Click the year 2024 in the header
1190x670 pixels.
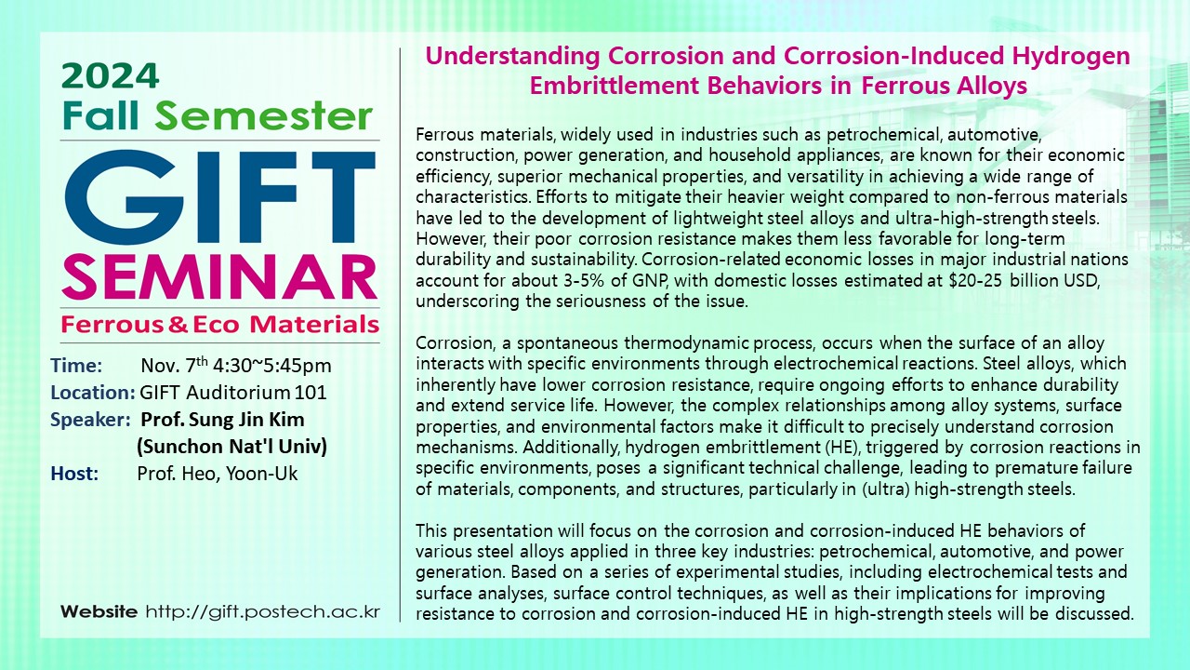pyautogui.click(x=111, y=76)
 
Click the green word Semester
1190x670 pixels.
pyautogui.click(x=263, y=116)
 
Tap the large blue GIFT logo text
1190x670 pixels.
pyautogui.click(x=220, y=197)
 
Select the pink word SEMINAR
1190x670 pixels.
pyautogui.click(x=219, y=277)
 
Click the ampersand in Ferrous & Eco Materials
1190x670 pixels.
pyautogui.click(x=178, y=325)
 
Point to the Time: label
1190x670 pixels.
pyautogui.click(x=76, y=366)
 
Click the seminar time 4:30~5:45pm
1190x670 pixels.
pyautogui.click(x=272, y=366)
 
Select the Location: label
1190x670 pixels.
pyautogui.click(x=93, y=393)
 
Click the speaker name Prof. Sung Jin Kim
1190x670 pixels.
pyautogui.click(x=222, y=420)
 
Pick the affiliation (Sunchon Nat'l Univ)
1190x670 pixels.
pyautogui.click(x=231, y=446)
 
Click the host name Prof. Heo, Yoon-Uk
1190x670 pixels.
pyautogui.click(x=218, y=474)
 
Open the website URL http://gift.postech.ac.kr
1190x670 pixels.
pyautogui.click(x=263, y=611)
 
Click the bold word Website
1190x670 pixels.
pyautogui.click(x=99, y=611)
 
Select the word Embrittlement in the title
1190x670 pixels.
pyautogui.click(x=615, y=86)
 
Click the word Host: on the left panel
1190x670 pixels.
pyautogui.click(x=75, y=474)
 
